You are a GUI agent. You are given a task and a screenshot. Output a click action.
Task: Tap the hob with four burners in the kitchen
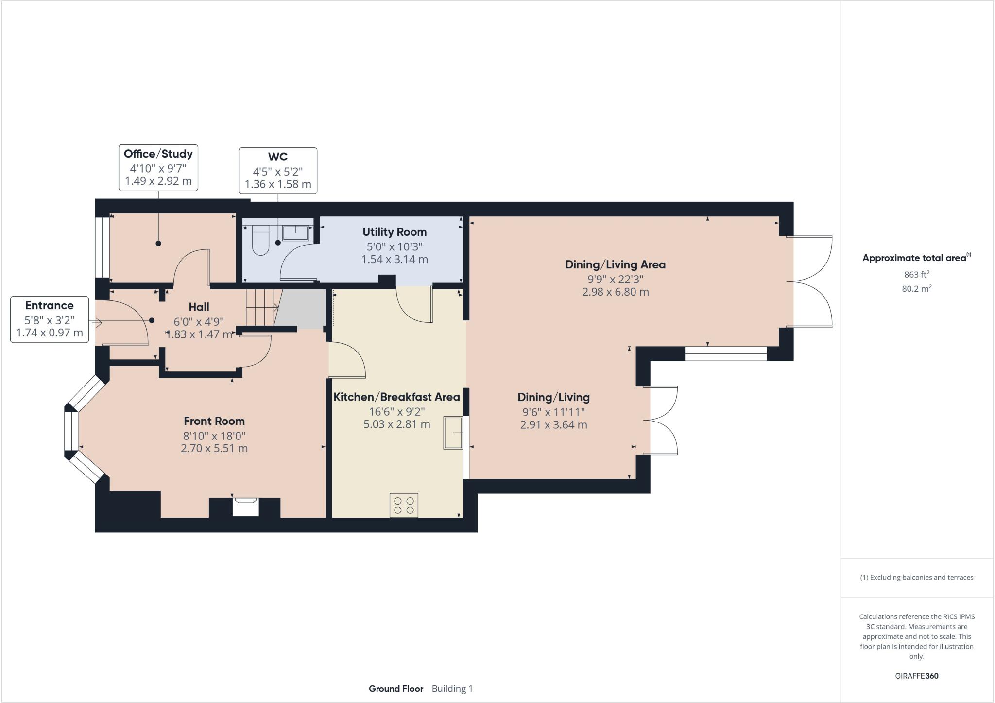click(x=404, y=505)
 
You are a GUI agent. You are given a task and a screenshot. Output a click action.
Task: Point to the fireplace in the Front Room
click(x=245, y=507)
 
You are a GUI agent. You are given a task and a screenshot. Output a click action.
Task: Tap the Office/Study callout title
click(x=158, y=154)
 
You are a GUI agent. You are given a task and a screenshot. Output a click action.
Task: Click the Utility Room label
click(x=395, y=232)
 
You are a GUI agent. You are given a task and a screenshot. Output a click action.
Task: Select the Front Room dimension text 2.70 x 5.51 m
click(x=214, y=448)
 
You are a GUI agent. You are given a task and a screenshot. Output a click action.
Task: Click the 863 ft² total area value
click(x=916, y=274)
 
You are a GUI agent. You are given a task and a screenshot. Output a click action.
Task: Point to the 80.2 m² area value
click(x=916, y=289)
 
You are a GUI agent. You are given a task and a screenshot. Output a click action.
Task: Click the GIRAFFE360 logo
click(x=916, y=676)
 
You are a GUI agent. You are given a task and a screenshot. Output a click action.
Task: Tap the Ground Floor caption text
click(x=396, y=688)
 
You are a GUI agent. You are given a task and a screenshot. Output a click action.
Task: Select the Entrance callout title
click(x=50, y=306)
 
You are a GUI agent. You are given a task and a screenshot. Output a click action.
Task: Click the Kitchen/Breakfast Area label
click(x=396, y=397)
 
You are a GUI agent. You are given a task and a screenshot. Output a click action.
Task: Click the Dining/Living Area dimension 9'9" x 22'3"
click(x=615, y=279)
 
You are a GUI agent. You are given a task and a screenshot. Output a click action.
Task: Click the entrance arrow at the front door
click(x=95, y=322)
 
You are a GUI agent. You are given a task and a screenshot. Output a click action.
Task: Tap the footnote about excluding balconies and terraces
click(x=916, y=578)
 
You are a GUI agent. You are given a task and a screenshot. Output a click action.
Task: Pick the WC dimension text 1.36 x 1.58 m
click(x=278, y=184)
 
